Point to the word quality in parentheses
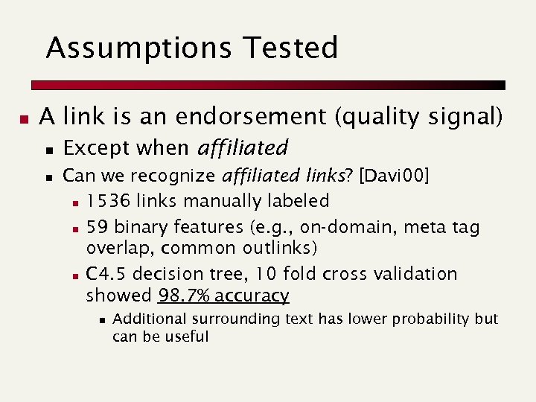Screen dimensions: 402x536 pyautogui.click(x=377, y=117)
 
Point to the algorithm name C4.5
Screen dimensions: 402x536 pyautogui.click(x=106, y=273)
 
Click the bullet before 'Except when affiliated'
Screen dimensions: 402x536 pyautogui.click(x=49, y=150)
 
